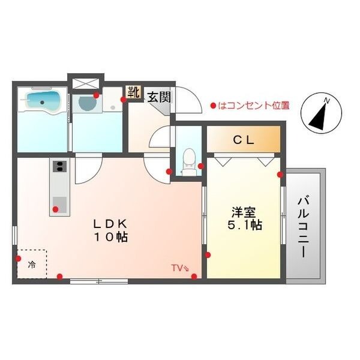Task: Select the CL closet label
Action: pyautogui.click(x=244, y=140)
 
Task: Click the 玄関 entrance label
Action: pyautogui.click(x=159, y=97)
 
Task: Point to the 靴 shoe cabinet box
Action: pyautogui.click(x=133, y=92)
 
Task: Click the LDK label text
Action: pyautogui.click(x=110, y=223)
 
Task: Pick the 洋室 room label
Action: pyautogui.click(x=244, y=212)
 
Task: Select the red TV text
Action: pyautogui.click(x=177, y=268)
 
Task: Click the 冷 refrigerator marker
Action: pyautogui.click(x=32, y=265)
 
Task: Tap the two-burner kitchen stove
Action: pyautogui.click(x=59, y=166)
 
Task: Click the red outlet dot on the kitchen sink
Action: pyautogui.click(x=55, y=209)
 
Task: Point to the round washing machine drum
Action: pyautogui.click(x=88, y=103)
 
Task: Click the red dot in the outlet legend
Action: pyautogui.click(x=214, y=106)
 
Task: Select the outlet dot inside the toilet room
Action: pyautogui.click(x=201, y=166)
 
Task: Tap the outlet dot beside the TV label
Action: pyautogui.click(x=194, y=277)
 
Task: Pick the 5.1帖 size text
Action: pyautogui.click(x=245, y=225)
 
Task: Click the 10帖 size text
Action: pyautogui.click(x=110, y=238)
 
